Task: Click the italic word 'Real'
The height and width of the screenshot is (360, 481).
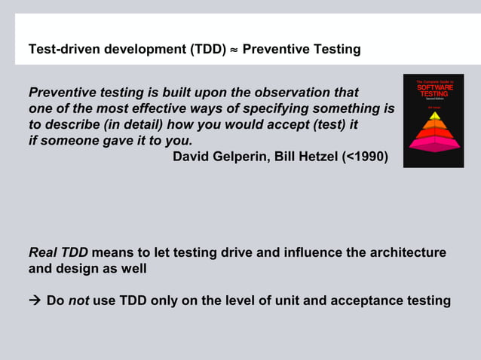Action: coord(43,252)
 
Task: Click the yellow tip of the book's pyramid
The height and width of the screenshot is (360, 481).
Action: coord(434,115)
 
